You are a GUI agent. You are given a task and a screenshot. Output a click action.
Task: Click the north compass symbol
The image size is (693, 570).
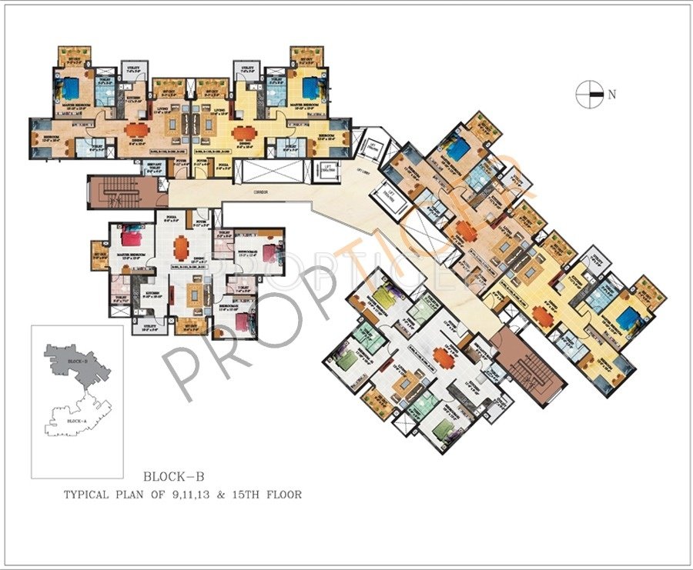(589, 95)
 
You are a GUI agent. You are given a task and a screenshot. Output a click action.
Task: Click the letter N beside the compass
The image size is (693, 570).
(612, 95)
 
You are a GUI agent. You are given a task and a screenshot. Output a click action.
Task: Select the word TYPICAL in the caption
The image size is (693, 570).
(93, 495)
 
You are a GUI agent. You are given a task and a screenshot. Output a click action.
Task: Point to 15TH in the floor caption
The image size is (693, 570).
(246, 495)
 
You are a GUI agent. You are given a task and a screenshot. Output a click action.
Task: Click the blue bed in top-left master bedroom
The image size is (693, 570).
(73, 85)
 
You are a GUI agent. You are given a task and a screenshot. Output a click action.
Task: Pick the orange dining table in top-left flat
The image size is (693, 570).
(136, 130)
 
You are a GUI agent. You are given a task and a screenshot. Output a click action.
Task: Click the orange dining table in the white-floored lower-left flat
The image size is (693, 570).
(180, 247)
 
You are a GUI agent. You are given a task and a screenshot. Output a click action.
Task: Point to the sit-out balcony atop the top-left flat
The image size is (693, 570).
(74, 55)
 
